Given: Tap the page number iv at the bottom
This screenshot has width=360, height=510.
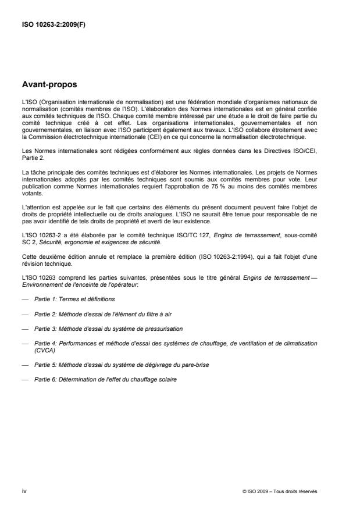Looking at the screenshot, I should [x=24, y=490].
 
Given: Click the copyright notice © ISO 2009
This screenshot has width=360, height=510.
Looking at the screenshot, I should [x=280, y=491].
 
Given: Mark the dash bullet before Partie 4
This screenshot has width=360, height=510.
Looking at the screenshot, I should [x=24, y=344].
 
